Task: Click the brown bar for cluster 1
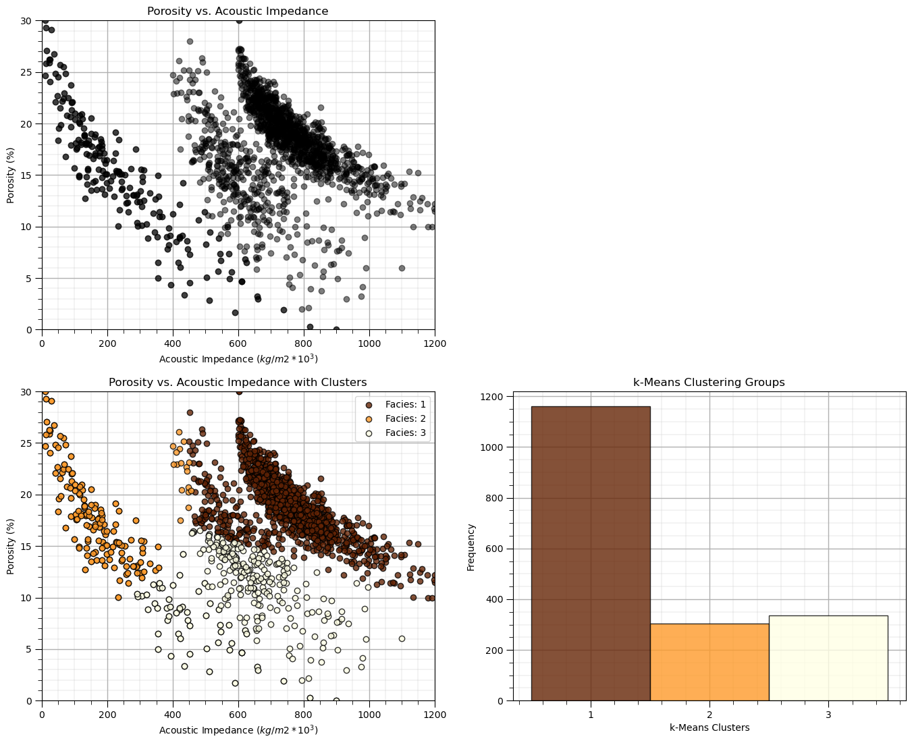coord(591,553)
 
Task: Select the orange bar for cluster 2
coord(709,662)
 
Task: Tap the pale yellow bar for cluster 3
coord(828,658)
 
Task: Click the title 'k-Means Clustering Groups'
coord(709,383)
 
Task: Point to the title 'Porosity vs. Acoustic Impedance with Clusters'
coord(238,383)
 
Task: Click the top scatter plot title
coord(238,11)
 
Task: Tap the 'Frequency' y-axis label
coord(471,547)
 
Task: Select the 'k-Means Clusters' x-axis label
coord(709,727)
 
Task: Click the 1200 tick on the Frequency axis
coord(495,397)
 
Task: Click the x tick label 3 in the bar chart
coord(828,714)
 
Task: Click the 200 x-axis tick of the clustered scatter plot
coord(107,714)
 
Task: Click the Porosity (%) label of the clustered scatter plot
coord(11,547)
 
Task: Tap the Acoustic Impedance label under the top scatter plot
coord(238,358)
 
